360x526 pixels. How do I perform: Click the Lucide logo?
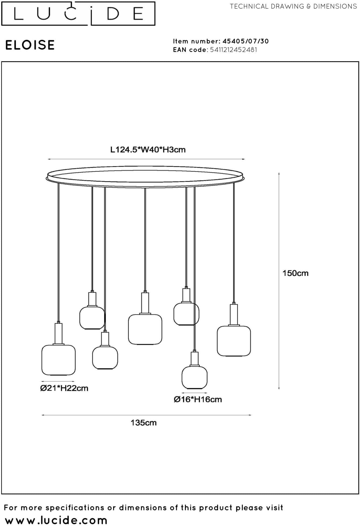78,13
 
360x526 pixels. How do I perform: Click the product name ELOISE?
30,45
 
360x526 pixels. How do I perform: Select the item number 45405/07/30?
245,41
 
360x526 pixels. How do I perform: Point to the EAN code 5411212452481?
234,50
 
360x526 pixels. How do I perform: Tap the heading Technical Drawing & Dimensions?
293,6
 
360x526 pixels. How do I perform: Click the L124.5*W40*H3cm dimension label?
148,150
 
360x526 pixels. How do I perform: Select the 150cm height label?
295,273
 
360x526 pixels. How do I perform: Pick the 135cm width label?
144,423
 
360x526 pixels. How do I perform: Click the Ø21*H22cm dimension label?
64,388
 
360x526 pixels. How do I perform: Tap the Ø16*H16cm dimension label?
198,399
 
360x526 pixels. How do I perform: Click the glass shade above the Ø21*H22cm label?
58,360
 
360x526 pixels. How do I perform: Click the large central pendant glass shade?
145,329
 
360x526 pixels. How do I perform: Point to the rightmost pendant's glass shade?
234,341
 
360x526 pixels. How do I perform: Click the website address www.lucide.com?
56,520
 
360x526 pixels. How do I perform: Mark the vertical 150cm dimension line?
279,281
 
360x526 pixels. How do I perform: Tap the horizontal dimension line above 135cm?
147,415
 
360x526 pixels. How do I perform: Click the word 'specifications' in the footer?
75,508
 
